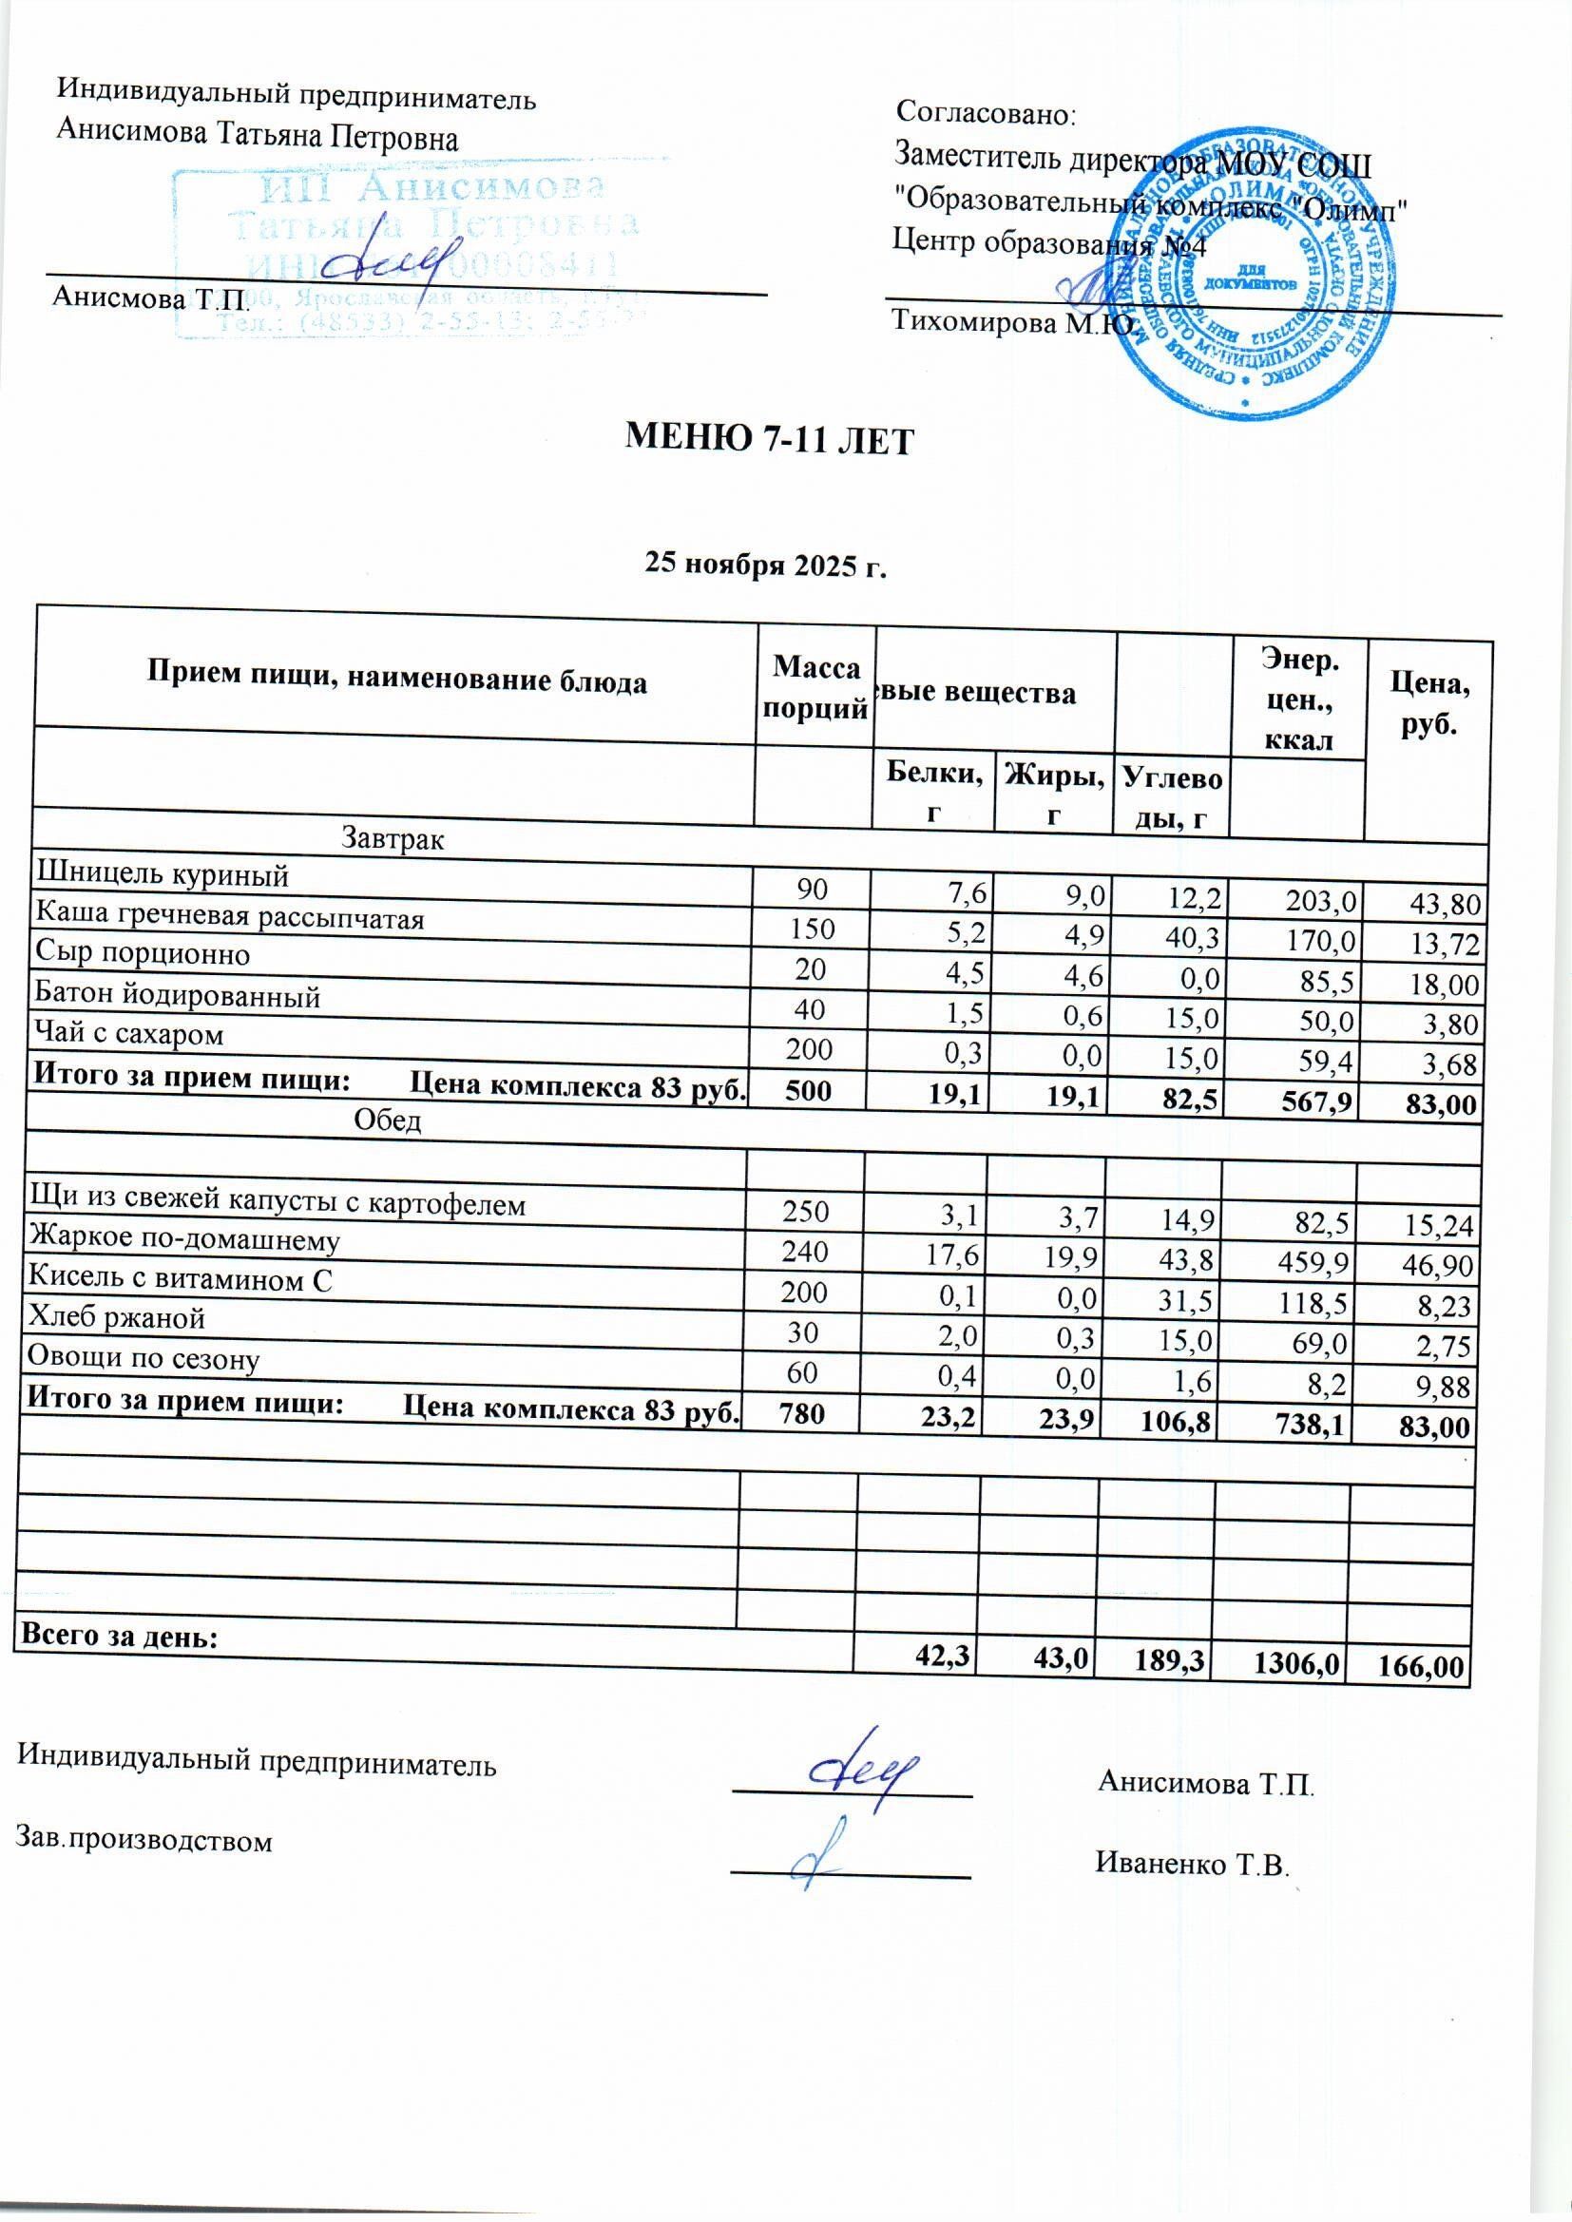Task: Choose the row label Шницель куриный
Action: point(162,875)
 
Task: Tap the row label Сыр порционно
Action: point(143,954)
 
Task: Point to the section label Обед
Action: point(387,1121)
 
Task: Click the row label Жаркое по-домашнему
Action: point(185,1240)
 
